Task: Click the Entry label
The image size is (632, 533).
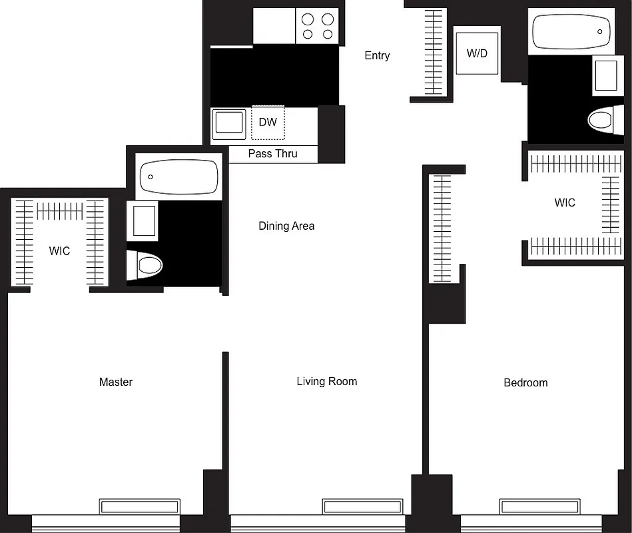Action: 377,56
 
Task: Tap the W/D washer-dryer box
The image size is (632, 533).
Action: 477,53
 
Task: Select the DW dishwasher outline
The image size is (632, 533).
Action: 268,123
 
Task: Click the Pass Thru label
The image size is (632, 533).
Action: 272,154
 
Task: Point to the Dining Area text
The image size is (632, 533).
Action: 286,226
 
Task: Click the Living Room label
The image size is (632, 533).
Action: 326,381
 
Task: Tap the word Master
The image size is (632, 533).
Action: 116,382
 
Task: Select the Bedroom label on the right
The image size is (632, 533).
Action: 525,382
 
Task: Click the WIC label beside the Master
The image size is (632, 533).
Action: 59,251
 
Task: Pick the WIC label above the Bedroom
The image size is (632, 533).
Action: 565,203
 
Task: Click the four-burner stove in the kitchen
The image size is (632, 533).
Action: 318,27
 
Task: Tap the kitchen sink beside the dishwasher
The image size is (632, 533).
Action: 229,124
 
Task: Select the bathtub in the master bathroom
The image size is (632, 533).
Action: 178,177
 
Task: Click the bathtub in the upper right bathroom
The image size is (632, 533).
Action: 572,31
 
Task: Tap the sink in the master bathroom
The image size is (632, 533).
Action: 145,221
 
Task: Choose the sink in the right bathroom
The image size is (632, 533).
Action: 605,75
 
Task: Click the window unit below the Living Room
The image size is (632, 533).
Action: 363,506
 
